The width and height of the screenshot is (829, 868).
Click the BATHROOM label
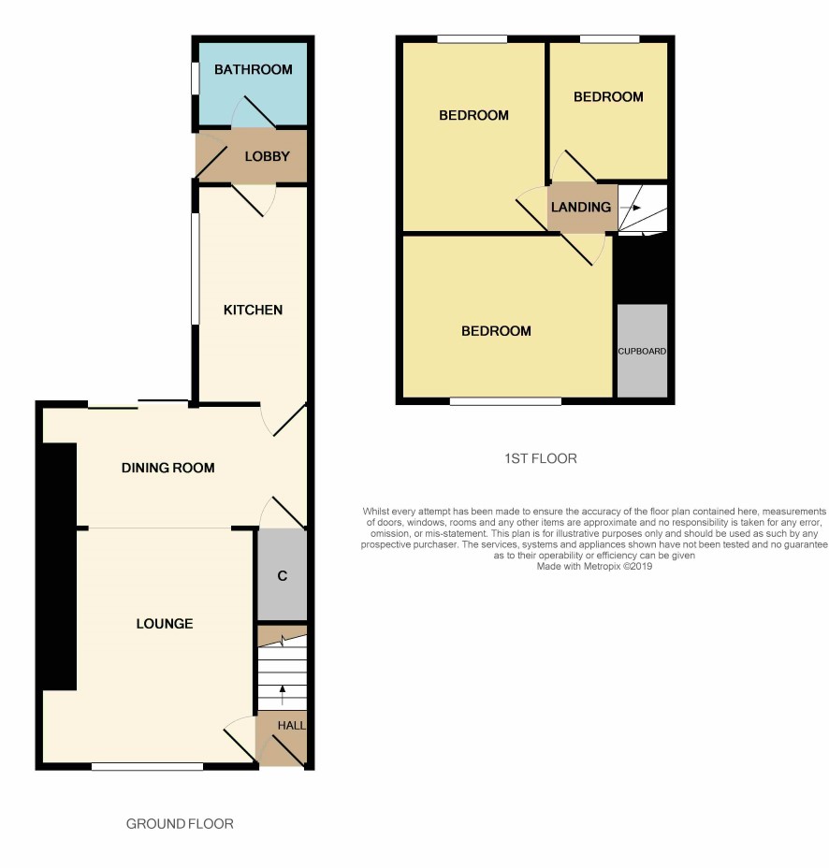pos(253,70)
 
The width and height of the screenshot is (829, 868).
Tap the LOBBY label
pos(267,156)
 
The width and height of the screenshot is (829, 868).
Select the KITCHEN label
pos(253,310)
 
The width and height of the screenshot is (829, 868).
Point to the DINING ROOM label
pos(167,468)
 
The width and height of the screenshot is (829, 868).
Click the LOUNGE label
pos(165,624)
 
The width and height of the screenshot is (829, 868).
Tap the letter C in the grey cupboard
pos(283,576)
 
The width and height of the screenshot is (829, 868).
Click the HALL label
pos(291,725)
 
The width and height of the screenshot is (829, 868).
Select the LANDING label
pos(581,207)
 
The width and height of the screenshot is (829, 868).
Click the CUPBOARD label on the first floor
pos(642,352)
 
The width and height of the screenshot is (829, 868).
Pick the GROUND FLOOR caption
pos(180,824)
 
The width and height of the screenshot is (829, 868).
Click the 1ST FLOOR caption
pos(541,459)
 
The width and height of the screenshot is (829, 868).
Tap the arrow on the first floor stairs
pos(631,209)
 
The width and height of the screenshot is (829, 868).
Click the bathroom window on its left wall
pos(195,78)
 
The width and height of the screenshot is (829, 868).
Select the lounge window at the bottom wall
pos(147,767)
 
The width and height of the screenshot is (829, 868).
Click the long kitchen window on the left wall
pos(195,269)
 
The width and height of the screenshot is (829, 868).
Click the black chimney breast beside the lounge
pos(60,566)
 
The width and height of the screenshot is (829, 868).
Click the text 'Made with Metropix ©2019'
pos(594,567)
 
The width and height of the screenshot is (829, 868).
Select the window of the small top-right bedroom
pos(610,39)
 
